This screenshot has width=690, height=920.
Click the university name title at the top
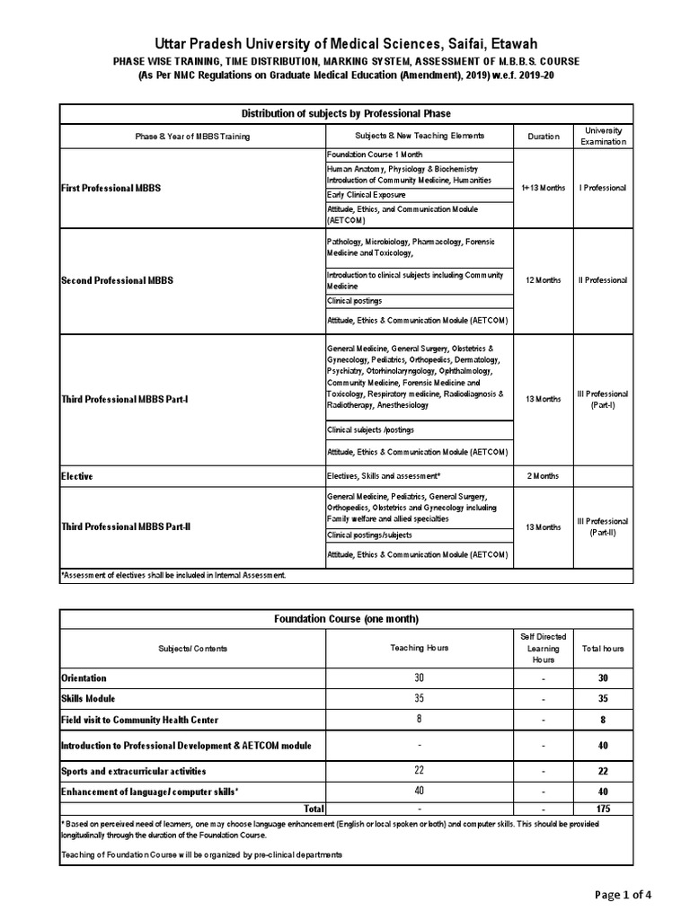click(x=345, y=43)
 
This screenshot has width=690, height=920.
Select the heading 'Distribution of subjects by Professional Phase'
click(x=346, y=114)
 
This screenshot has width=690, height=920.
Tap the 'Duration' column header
click(x=543, y=136)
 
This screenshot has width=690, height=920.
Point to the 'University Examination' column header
click(x=603, y=136)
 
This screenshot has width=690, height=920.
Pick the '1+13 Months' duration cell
click(x=543, y=188)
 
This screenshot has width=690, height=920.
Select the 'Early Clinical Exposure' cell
click(x=366, y=195)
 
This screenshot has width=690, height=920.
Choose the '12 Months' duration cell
click(x=543, y=280)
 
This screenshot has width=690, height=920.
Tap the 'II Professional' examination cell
click(x=603, y=280)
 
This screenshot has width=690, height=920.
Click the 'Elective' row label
click(x=77, y=475)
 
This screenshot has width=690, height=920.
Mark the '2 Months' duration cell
click(x=543, y=475)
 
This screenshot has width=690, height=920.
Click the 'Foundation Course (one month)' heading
click(x=346, y=619)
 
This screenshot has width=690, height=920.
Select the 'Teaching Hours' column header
click(x=419, y=648)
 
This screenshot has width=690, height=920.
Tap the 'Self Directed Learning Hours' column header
click(x=544, y=648)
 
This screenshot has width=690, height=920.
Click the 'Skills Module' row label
click(x=88, y=698)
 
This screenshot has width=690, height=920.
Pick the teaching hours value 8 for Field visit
click(x=419, y=720)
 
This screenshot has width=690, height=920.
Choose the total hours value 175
click(x=603, y=809)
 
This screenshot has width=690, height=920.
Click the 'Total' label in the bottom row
click(x=314, y=809)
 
